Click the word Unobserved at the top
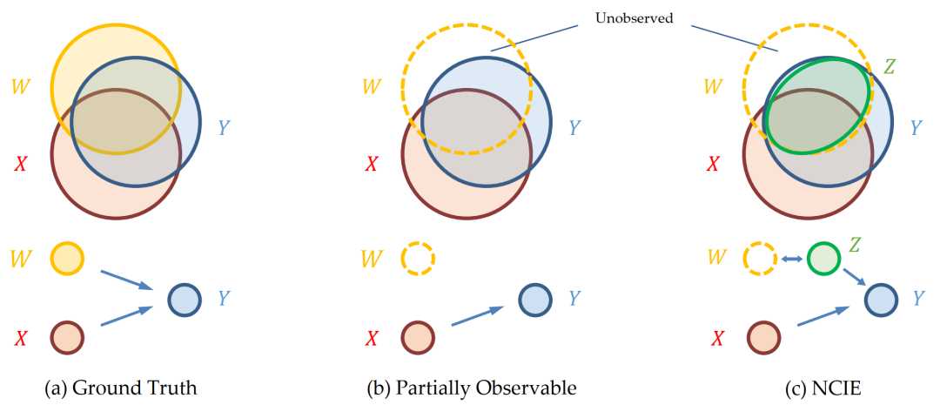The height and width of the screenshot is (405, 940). click(x=634, y=17)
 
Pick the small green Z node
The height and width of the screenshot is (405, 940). click(x=822, y=259)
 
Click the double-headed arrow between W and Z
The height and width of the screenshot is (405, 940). click(x=791, y=259)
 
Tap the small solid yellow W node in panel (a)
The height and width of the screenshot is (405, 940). click(x=67, y=259)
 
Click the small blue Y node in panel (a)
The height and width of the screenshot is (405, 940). click(x=185, y=300)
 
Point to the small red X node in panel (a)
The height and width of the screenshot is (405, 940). click(x=67, y=336)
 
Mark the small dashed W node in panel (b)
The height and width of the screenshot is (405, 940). click(x=418, y=259)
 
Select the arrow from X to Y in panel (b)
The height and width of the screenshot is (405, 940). click(x=478, y=316)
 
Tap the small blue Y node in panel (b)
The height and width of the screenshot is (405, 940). click(x=535, y=300)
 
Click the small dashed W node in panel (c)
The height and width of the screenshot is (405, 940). click(x=760, y=259)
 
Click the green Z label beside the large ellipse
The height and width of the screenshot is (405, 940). click(x=889, y=65)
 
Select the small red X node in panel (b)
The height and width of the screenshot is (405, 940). click(x=418, y=336)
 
